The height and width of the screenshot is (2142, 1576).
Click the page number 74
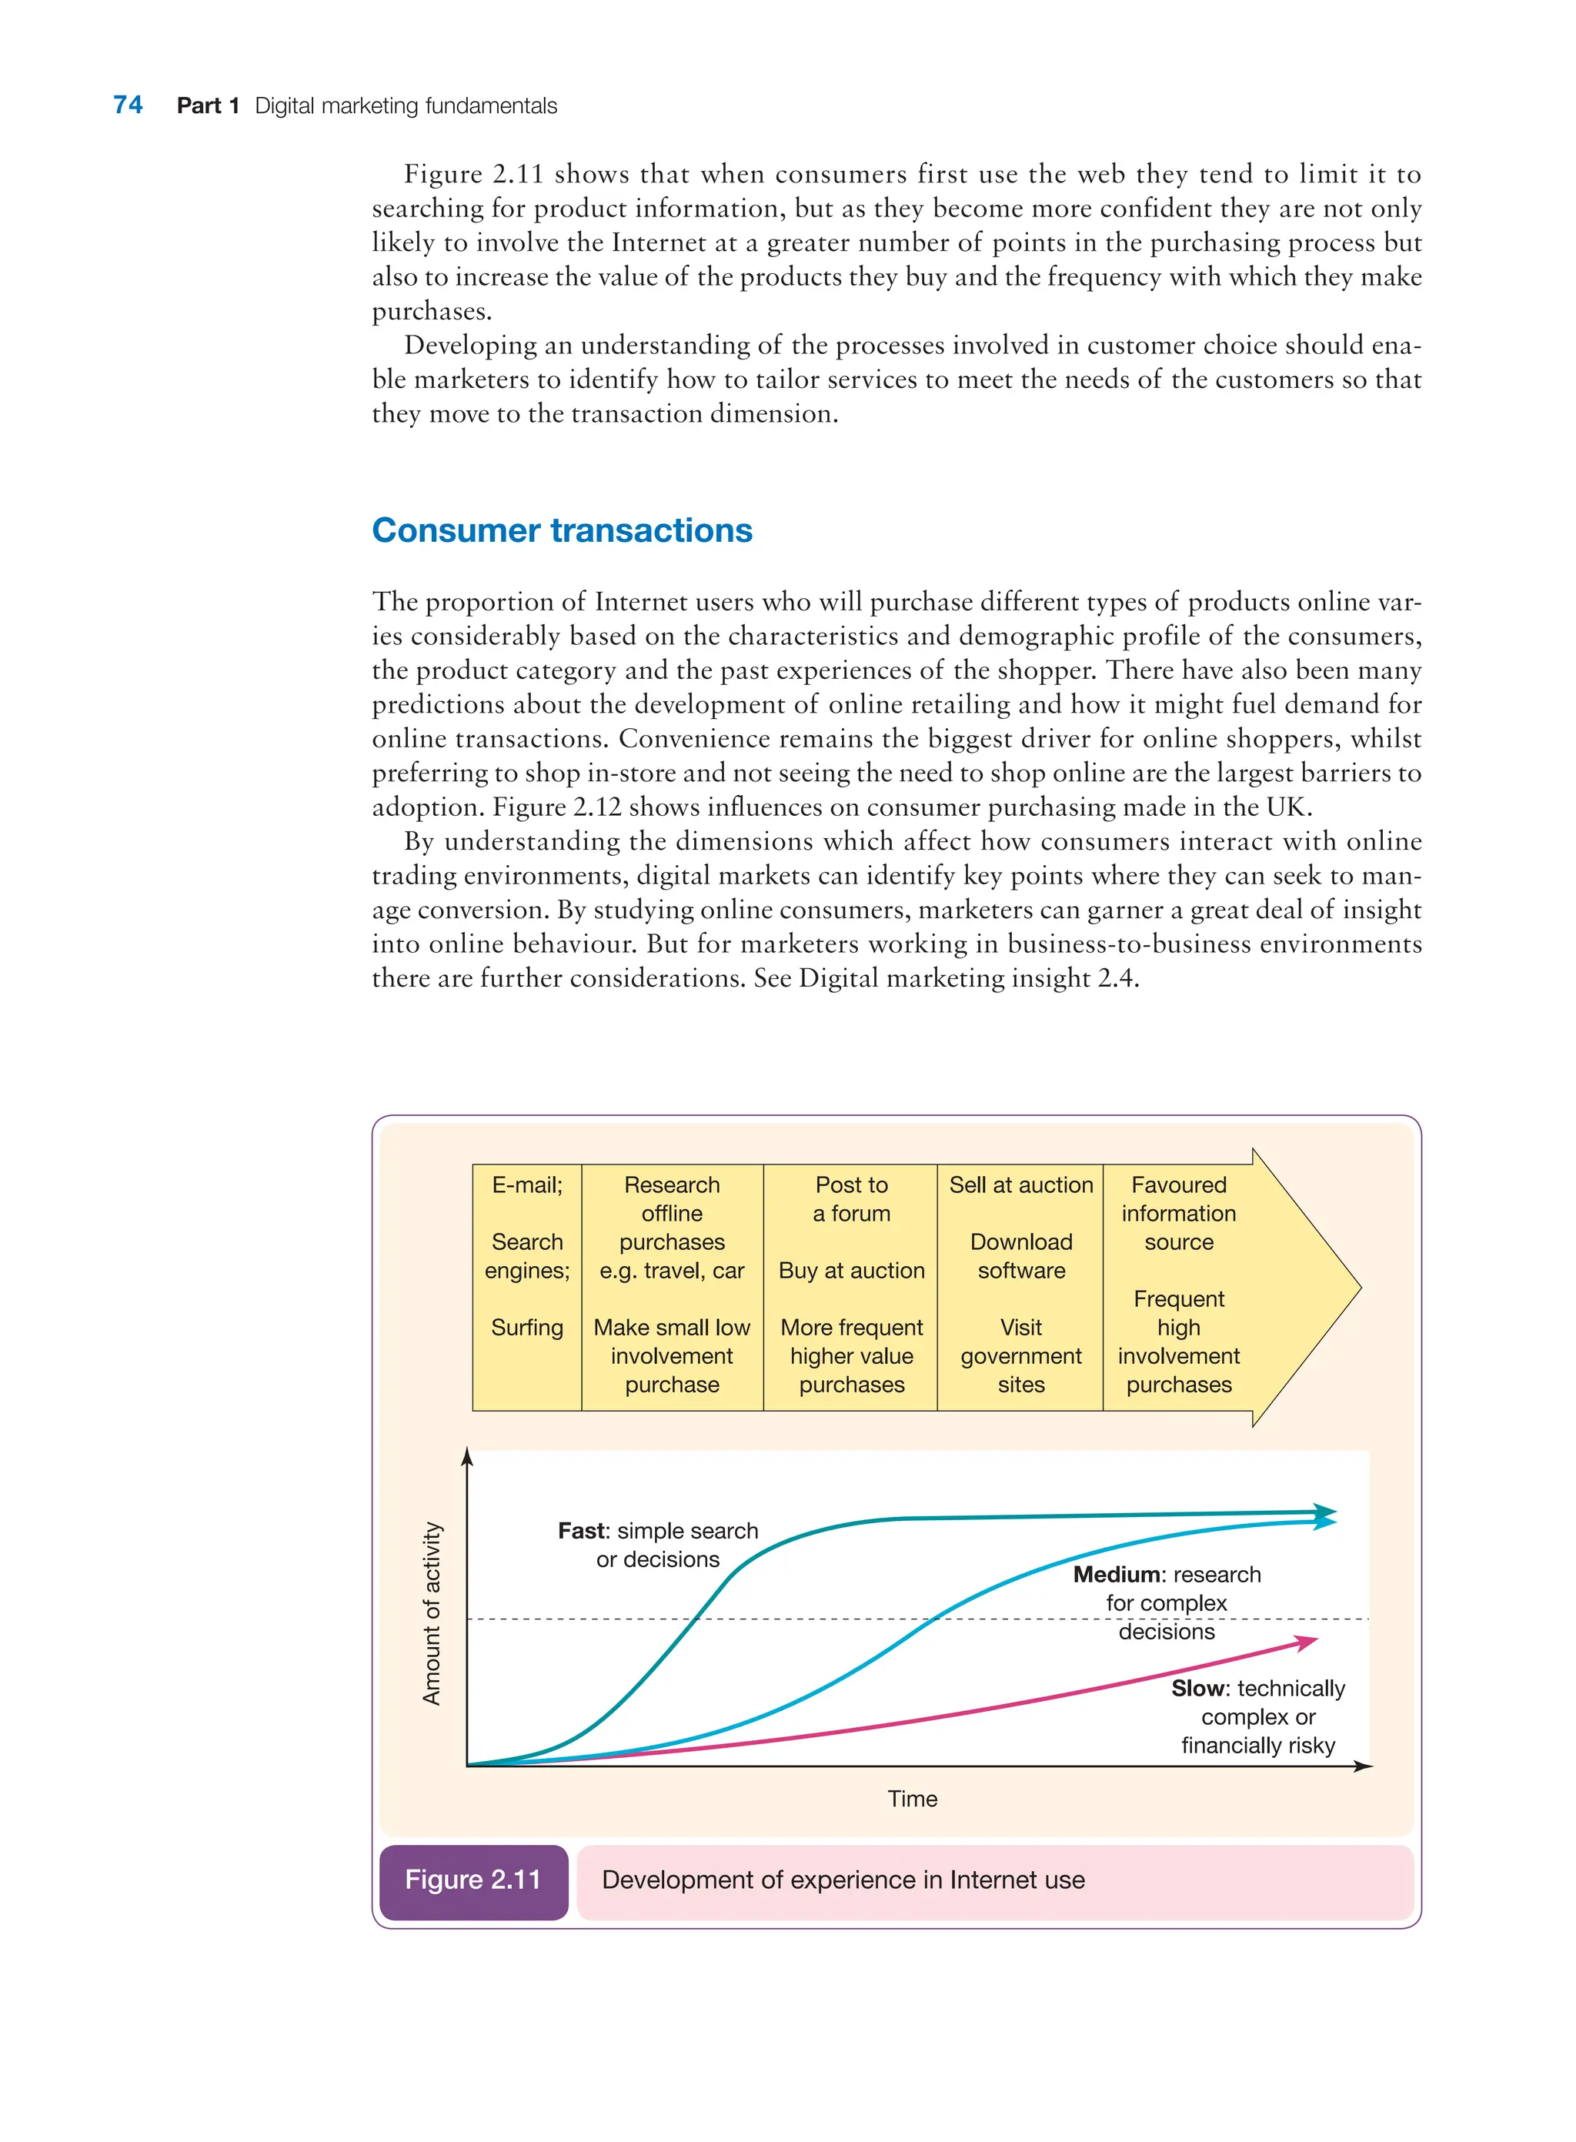click(128, 105)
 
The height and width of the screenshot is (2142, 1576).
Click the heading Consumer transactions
click(562, 530)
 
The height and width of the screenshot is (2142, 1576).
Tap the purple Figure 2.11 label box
click(473, 1879)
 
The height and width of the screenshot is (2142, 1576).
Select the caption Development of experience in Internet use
click(843, 1880)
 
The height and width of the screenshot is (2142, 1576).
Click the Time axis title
click(912, 1799)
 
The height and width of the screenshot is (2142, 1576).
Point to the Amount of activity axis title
click(432, 1612)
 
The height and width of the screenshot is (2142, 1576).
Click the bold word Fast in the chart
click(581, 1530)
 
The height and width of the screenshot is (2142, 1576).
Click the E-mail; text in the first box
click(526, 1185)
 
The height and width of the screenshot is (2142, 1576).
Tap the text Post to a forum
click(851, 1199)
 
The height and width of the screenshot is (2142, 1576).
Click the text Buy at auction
click(851, 1270)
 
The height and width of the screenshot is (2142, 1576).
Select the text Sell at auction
click(1020, 1185)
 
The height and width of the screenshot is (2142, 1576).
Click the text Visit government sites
click(1020, 1356)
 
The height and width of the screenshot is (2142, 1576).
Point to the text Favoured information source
click(1178, 1213)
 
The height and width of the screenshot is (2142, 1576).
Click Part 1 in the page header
click(207, 106)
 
